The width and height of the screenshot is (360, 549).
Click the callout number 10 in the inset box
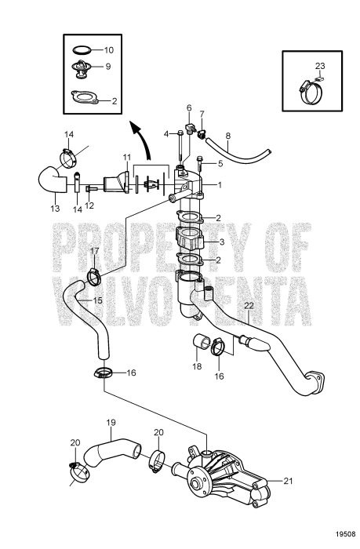coord(109,50)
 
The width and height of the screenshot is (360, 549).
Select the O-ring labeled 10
coord(82,50)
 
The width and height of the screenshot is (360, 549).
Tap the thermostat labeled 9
coord(81,69)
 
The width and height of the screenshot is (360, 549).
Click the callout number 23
coord(320,65)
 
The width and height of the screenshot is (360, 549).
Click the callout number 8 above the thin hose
coord(228,135)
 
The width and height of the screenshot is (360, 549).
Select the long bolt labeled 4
coord(180,147)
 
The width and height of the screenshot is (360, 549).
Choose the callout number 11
coord(127,157)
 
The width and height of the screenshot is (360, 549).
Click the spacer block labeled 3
coord(190,238)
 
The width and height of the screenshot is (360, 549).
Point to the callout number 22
coord(249,306)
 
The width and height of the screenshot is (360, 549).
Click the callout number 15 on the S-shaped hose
coord(98,300)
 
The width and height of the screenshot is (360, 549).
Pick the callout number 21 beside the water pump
coord(287,481)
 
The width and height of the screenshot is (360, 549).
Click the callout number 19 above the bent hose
coord(111,423)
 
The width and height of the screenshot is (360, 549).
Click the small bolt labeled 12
coord(91,189)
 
